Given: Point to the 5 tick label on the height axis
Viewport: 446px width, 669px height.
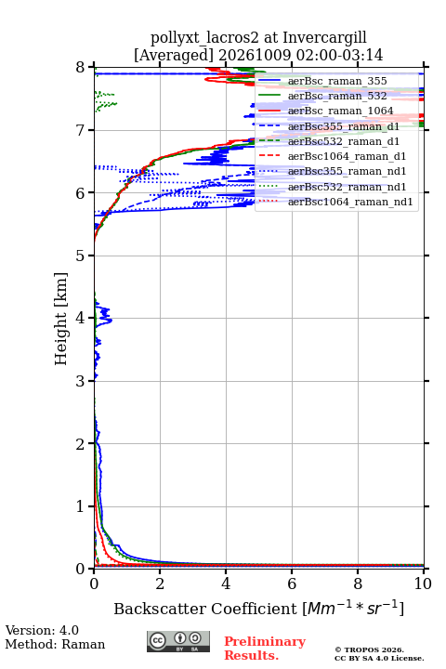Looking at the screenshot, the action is click(x=80, y=256).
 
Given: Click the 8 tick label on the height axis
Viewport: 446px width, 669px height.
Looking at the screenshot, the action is click(x=80, y=68).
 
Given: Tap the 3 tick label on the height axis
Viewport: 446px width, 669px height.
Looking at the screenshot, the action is click(x=80, y=381).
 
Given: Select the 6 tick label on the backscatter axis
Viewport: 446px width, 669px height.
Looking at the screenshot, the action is click(x=292, y=584).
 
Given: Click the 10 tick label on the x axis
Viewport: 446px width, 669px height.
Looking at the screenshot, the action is click(x=423, y=584).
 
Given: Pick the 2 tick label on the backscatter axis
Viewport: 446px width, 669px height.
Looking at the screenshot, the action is click(x=160, y=584).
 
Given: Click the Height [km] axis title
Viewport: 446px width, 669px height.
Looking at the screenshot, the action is click(x=61, y=319).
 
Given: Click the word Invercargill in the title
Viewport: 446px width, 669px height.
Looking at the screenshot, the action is click(x=325, y=38).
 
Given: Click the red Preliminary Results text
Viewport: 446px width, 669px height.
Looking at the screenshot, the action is click(x=265, y=649).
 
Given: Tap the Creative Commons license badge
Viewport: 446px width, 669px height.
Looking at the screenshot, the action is click(x=178, y=642).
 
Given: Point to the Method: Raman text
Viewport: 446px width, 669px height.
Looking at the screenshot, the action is click(x=55, y=644).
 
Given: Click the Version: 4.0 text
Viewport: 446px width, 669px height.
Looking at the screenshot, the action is click(x=42, y=630).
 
